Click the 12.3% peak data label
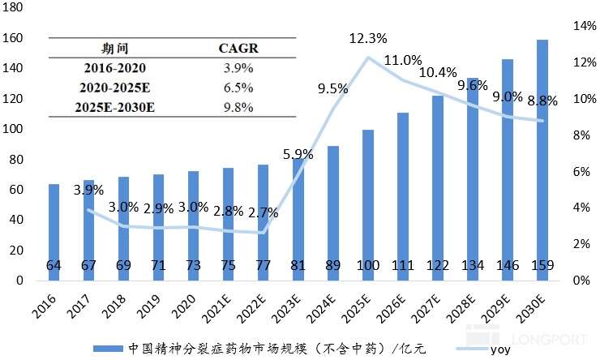point(368,38)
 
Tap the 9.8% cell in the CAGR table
point(238,107)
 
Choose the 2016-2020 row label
point(115,68)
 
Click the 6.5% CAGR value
point(238,88)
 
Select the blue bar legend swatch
point(106,349)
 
